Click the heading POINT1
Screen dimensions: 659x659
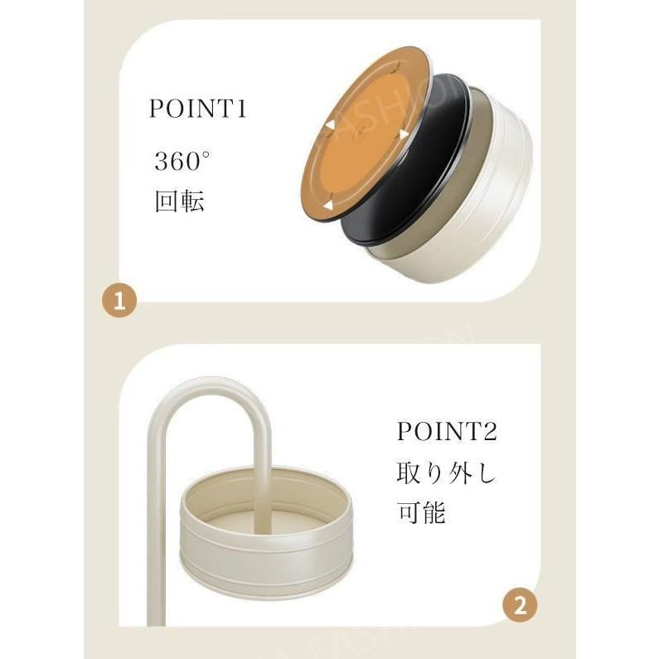[197, 109]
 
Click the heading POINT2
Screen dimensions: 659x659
[447, 431]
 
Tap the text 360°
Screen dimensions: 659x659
[182, 161]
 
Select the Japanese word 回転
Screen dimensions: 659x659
[180, 201]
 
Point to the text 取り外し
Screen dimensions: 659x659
[446, 472]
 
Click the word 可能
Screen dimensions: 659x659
[422, 512]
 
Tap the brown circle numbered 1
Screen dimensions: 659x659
[119, 301]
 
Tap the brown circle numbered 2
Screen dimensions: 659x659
[520, 606]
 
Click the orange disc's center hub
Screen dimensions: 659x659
[361, 133]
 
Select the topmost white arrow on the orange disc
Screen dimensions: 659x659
[404, 135]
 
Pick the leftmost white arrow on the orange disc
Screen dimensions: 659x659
[331, 125]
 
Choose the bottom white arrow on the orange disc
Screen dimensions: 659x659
[327, 205]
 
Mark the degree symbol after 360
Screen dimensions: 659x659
[206, 155]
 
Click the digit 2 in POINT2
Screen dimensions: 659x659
[490, 432]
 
